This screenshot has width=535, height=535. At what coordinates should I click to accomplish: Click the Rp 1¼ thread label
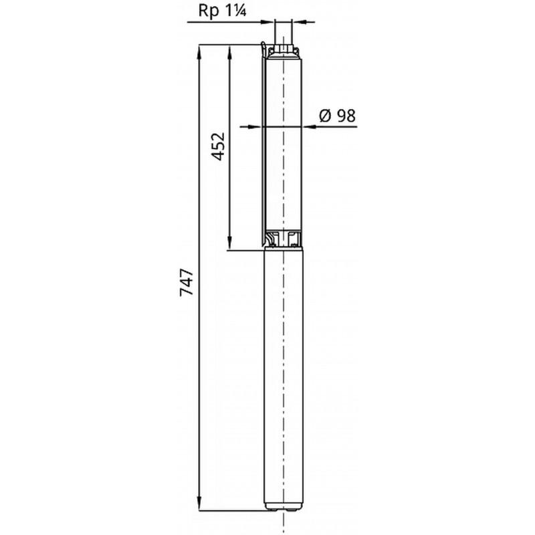pos(222,10)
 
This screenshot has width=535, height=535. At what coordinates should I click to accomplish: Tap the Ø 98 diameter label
pos(338,116)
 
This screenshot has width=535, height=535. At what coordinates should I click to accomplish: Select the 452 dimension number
pos(218,146)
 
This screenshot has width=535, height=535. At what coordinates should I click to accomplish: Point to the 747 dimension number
pos(187,282)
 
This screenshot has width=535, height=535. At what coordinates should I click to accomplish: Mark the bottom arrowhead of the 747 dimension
pos(199,504)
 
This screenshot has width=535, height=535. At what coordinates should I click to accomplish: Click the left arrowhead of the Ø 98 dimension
pos(255,127)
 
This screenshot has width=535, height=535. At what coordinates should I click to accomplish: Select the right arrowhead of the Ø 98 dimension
pos(309,127)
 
